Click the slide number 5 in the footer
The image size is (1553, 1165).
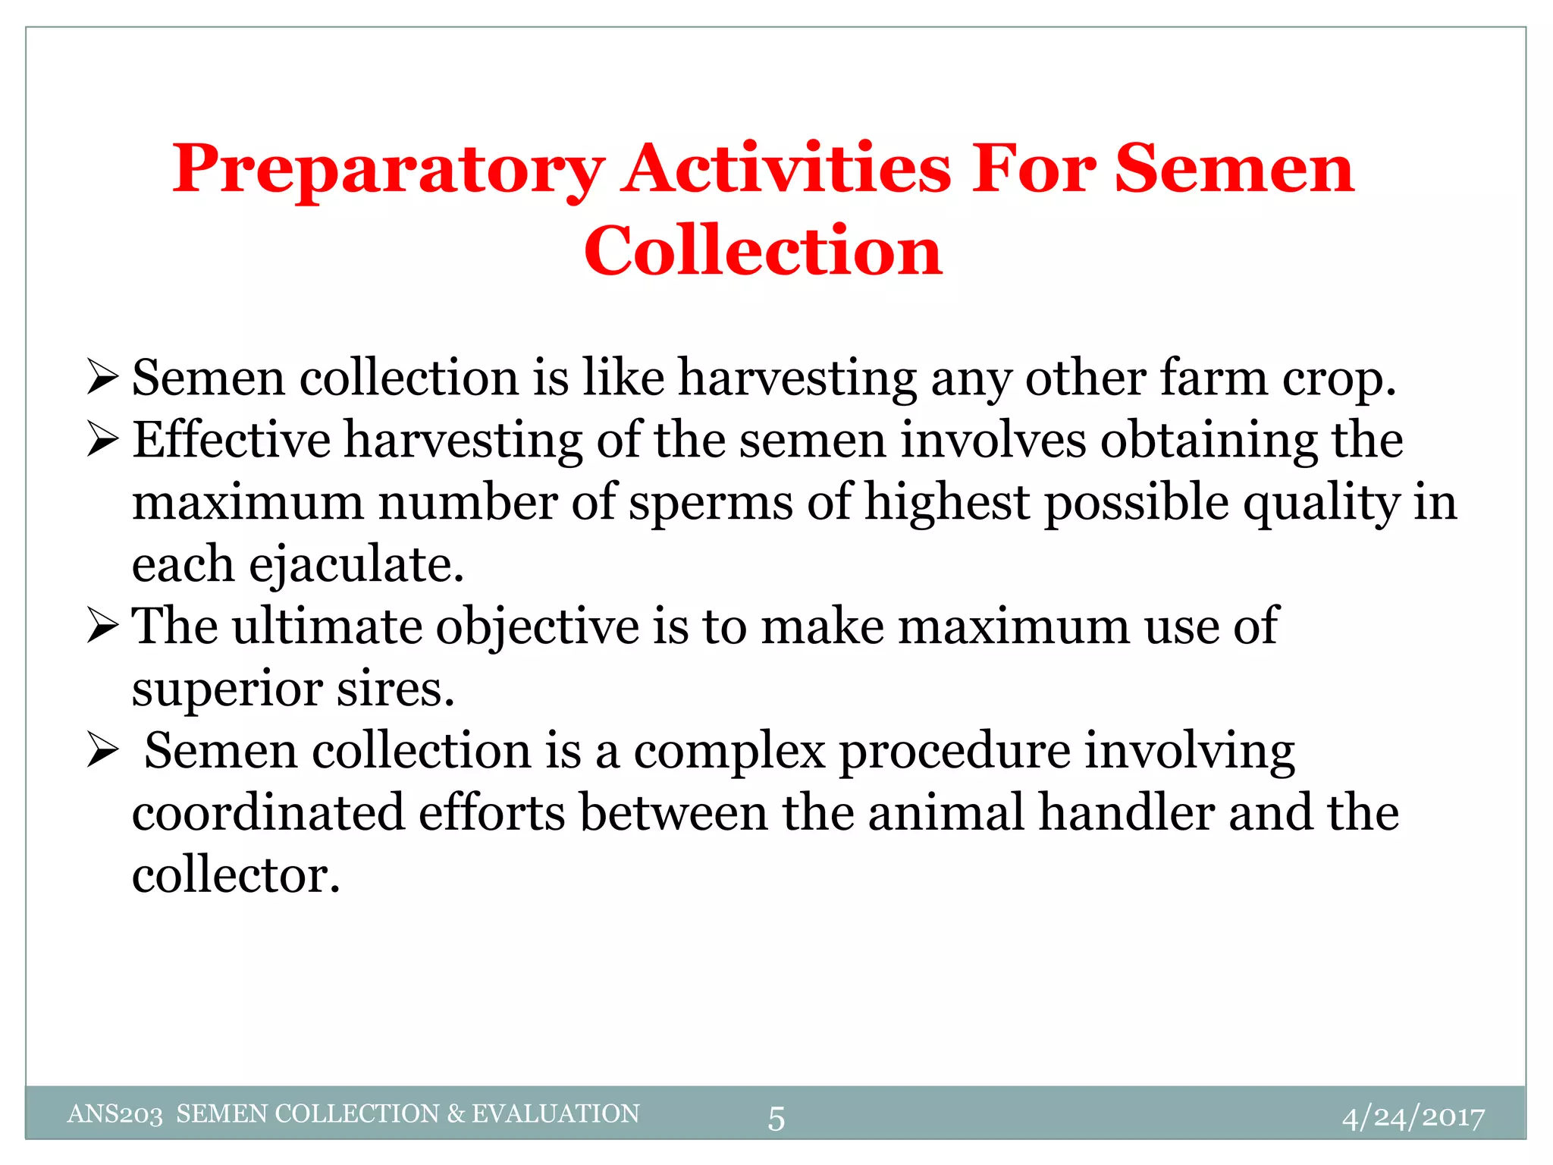click(776, 1119)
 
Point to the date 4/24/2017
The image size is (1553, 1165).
click(1413, 1117)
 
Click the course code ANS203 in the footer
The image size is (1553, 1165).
click(115, 1114)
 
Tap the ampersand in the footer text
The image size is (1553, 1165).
click(455, 1113)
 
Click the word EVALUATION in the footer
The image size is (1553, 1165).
click(556, 1113)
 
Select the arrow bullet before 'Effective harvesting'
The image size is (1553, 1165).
click(102, 440)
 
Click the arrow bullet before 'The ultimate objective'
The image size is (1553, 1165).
click(102, 626)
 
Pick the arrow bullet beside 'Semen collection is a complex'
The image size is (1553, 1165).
click(102, 750)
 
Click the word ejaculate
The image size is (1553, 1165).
click(356, 565)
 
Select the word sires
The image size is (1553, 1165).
click(395, 689)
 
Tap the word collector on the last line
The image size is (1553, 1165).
click(235, 875)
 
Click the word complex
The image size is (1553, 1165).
click(729, 752)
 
